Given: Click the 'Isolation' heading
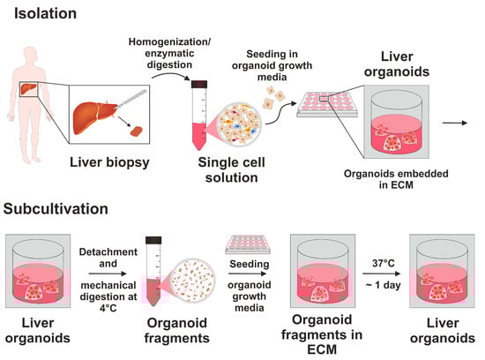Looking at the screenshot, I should click(x=40, y=14).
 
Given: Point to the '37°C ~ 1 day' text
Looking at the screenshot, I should click(x=381, y=262).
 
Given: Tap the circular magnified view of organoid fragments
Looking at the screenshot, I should click(x=205, y=275).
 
